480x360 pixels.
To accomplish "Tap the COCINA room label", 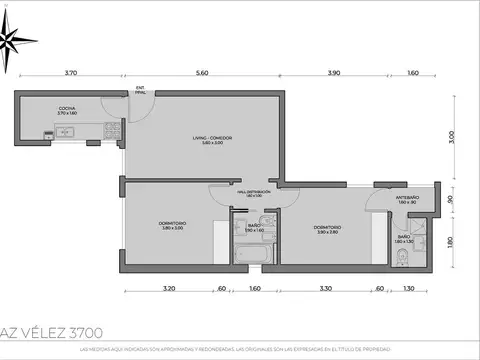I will click(67, 111).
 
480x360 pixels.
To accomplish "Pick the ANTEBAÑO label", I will click(407, 199).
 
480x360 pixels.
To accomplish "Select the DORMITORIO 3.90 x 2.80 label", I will click(327, 230).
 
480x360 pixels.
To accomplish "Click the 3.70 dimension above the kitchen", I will click(70, 74).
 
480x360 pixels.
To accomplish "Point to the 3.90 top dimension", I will click(335, 74).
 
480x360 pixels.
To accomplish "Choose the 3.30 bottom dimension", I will click(326, 289).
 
